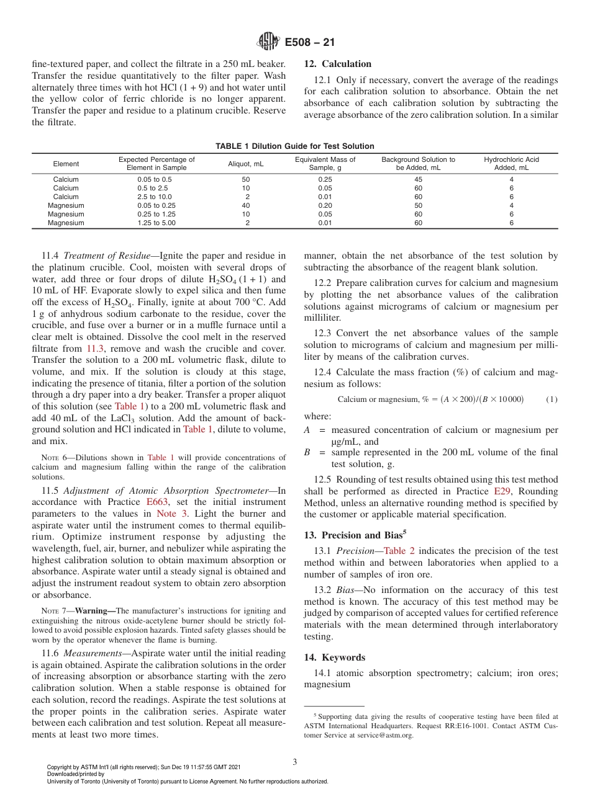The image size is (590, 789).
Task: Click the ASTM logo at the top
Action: pos(269,43)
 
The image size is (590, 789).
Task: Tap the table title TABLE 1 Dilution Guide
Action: pos(294,146)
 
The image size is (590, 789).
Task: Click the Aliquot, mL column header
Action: pos(246,164)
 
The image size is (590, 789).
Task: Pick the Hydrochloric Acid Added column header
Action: pos(511,164)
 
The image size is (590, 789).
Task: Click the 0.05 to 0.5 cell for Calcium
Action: pos(157,179)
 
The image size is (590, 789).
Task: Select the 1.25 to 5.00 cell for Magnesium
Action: pos(157,223)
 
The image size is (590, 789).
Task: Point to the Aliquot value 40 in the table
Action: pos(246,205)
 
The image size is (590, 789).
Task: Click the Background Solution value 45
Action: pos(418,179)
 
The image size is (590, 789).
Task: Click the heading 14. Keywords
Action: pos(334,657)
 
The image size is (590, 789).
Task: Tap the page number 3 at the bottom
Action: pos(294,762)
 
